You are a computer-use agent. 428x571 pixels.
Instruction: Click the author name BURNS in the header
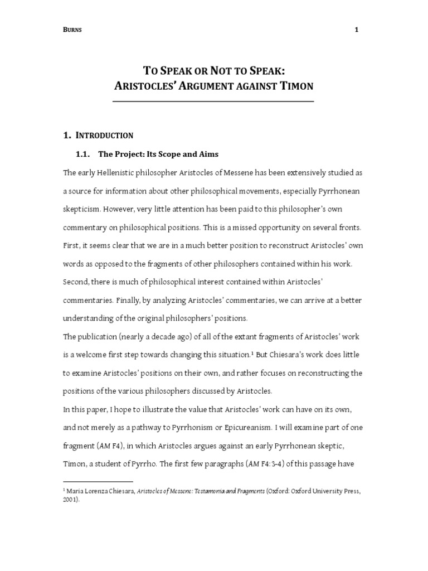pyautogui.click(x=73, y=31)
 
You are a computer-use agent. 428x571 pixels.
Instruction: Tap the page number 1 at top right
pyautogui.click(x=356, y=31)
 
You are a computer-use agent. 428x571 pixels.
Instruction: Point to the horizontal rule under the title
pyautogui.click(x=213, y=101)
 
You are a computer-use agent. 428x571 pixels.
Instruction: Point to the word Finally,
pyautogui.click(x=130, y=300)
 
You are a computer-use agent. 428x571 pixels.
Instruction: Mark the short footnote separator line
pyautogui.click(x=98, y=481)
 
